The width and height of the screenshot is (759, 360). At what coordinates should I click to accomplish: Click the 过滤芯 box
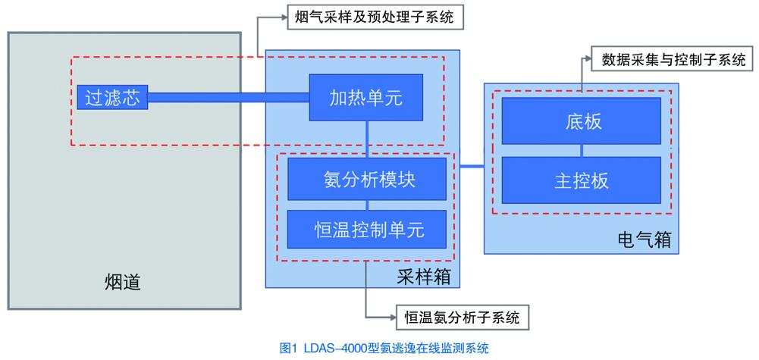(112, 96)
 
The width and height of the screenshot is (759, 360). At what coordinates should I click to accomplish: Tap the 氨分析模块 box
(367, 180)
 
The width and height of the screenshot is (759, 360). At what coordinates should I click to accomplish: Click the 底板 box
(582, 121)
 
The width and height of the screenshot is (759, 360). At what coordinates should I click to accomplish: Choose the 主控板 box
(582, 181)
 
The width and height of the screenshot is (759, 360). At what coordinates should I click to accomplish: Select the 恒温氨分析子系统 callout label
(462, 318)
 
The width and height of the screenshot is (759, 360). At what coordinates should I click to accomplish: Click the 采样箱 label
(423, 277)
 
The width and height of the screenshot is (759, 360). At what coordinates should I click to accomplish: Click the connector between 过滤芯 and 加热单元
(228, 96)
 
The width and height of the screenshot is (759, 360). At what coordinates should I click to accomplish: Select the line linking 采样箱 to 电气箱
(472, 166)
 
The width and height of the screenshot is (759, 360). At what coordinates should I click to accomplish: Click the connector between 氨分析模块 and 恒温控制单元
(367, 205)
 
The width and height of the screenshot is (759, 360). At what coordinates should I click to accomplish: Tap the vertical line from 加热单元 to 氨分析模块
(367, 139)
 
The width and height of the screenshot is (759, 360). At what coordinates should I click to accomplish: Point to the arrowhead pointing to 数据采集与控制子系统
(591, 61)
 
